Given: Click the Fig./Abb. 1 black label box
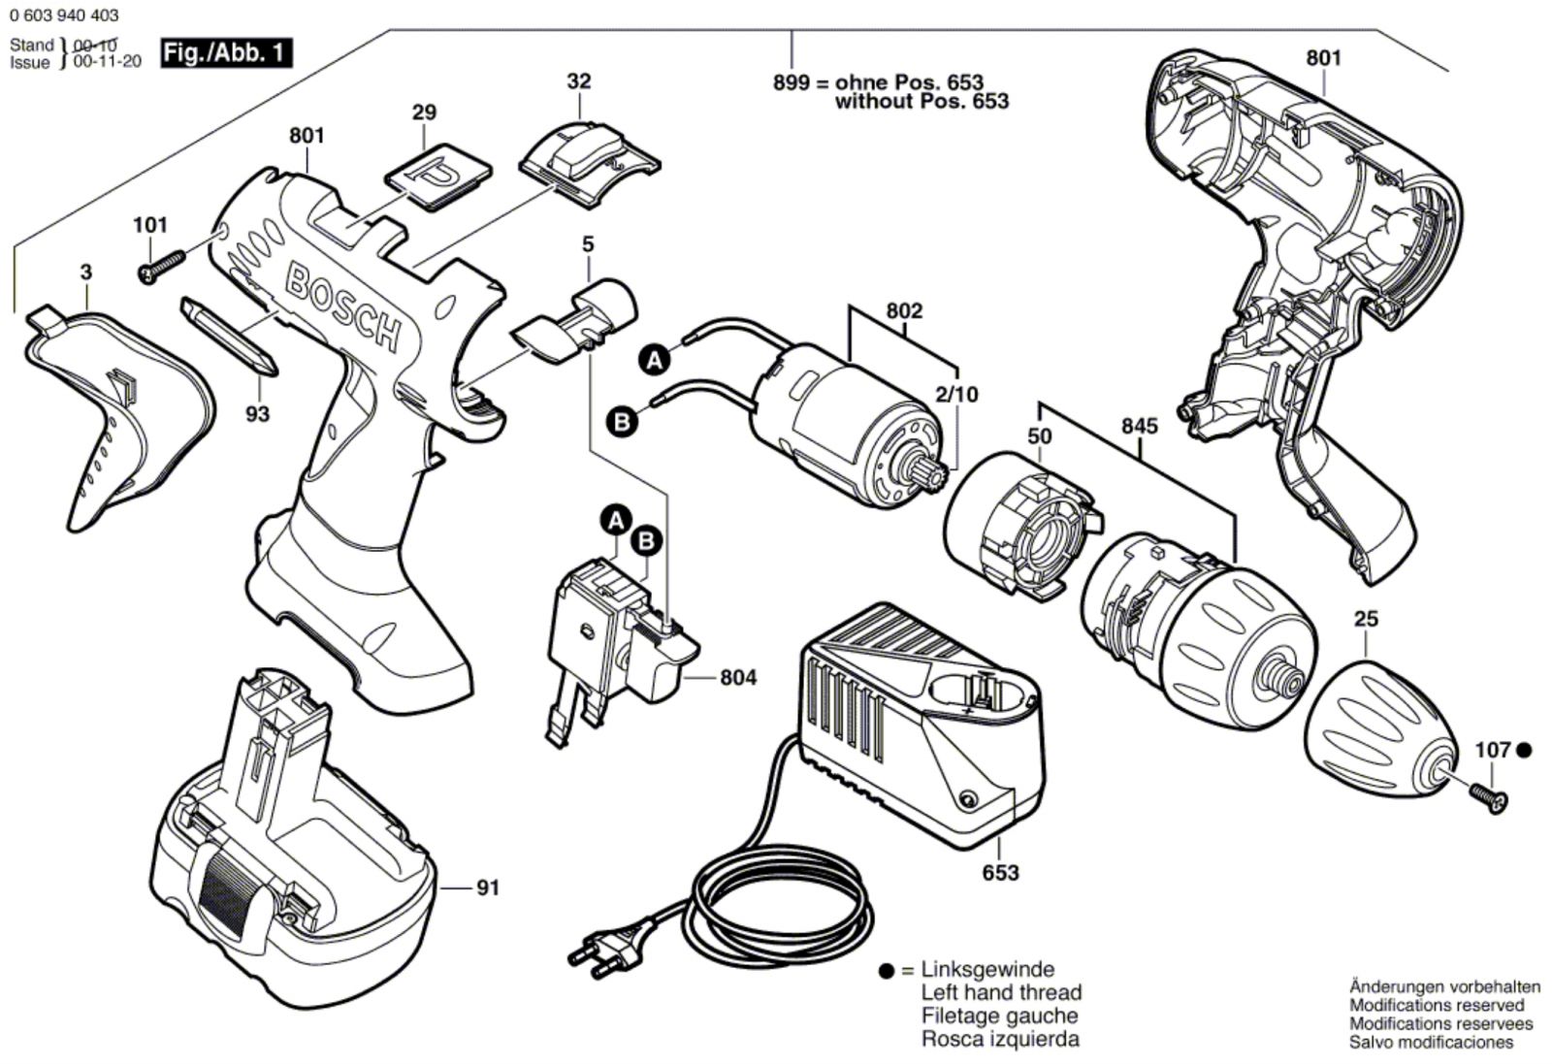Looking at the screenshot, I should [x=225, y=52].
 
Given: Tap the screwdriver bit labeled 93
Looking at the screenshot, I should [x=229, y=338].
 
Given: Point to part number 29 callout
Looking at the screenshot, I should [x=424, y=113].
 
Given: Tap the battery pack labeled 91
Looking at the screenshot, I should [x=291, y=844].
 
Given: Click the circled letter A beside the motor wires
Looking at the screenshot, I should [x=655, y=361].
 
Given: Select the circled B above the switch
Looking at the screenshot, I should [x=647, y=540].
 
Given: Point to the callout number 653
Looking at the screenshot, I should [x=1000, y=872].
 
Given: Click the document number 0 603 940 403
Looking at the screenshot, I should [x=64, y=15].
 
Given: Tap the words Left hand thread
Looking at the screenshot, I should [x=1001, y=992].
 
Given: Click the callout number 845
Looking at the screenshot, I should [x=1139, y=426].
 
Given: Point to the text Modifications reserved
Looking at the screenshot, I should [x=1437, y=1006].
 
